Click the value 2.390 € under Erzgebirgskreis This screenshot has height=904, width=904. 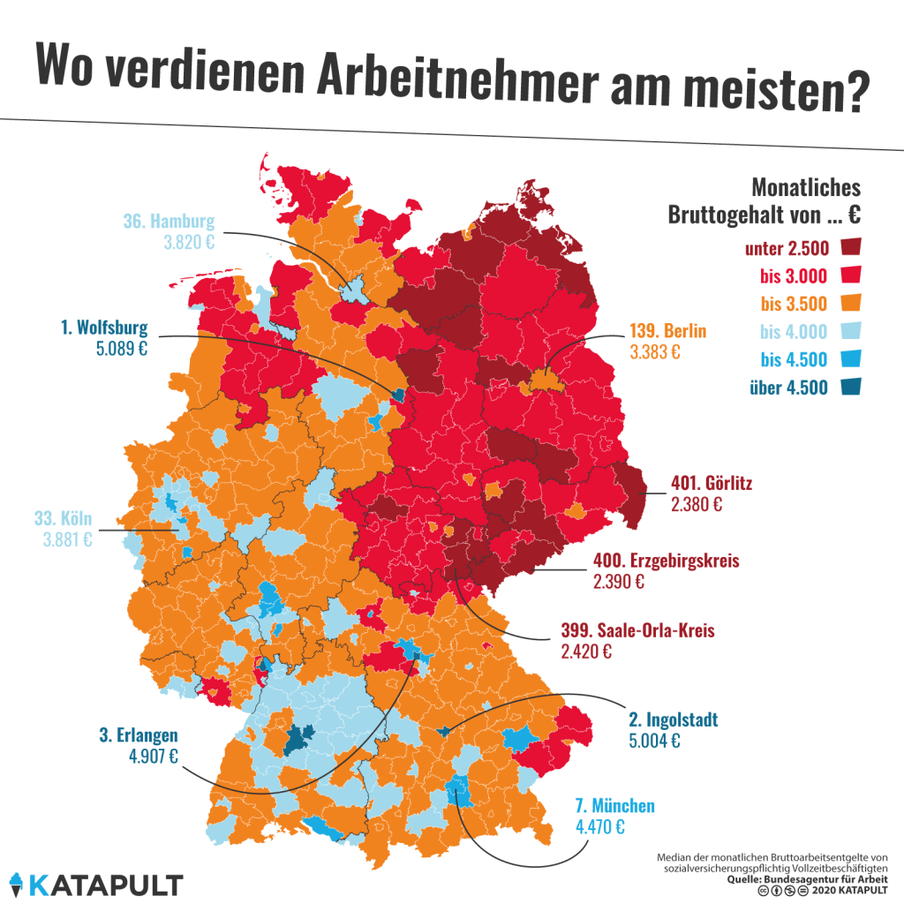pos(621,582)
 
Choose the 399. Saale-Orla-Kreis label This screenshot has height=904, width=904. pos(637,632)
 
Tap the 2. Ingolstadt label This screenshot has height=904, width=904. pos(673,719)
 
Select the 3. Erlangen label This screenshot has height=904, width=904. pos(139,734)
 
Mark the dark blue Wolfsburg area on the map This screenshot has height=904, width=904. pos(398,394)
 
